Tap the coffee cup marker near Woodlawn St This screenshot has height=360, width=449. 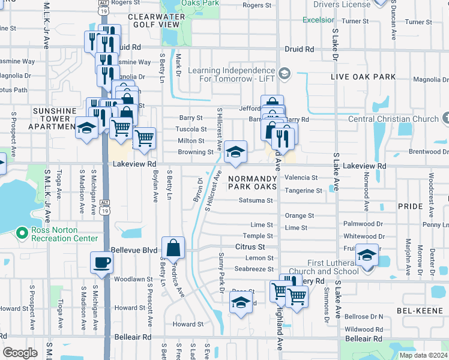(101, 262)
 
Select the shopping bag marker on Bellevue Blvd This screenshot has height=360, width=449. (173, 248)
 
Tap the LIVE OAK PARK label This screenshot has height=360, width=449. (364, 77)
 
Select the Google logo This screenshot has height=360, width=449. (20, 352)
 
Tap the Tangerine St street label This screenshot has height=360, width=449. (303, 191)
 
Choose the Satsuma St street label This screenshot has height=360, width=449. (256, 200)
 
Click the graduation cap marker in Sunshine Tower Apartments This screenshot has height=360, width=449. (86, 128)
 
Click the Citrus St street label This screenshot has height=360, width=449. (250, 247)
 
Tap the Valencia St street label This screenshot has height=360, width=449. (301, 178)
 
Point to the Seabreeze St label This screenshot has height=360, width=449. (254, 269)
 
